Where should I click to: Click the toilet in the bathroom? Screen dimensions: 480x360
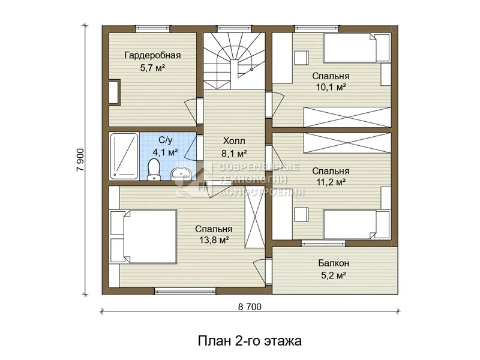pos(154,170)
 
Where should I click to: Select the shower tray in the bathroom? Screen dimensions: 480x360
pos(124,156)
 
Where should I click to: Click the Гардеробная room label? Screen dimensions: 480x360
pos(152,55)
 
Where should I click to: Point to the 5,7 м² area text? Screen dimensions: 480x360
pos(153,68)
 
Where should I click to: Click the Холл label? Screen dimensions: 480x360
pos(234,141)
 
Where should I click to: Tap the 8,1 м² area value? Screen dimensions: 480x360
pos(234,154)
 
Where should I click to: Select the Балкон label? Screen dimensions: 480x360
pos(334,263)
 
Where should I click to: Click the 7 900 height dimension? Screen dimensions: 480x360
pos(80,160)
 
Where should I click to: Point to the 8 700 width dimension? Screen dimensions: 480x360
pos(250,307)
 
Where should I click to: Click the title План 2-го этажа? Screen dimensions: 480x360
pos(250,341)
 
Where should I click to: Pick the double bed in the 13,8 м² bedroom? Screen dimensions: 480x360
pos(143,236)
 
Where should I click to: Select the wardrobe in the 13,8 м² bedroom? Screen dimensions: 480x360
pos(254,220)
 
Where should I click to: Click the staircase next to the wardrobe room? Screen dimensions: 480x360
pos(234,61)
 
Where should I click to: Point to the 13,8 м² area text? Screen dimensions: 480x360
pos(214,241)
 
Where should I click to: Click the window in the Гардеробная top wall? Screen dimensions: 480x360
pos(152,29)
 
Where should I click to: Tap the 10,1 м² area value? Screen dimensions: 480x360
pos(331,88)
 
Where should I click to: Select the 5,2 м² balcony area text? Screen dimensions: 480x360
pos(334,275)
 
